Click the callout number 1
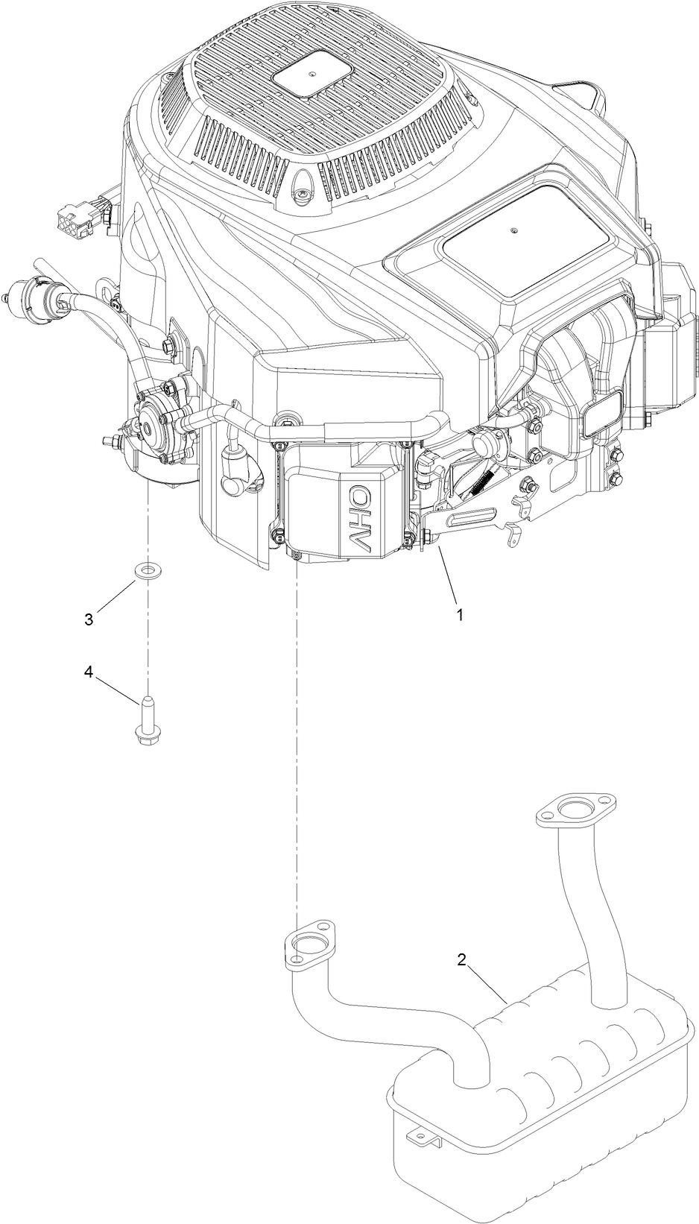[460, 615]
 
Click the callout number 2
[461, 960]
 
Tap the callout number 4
[88, 672]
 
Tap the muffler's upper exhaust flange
[577, 810]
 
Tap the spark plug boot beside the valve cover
[238, 477]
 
